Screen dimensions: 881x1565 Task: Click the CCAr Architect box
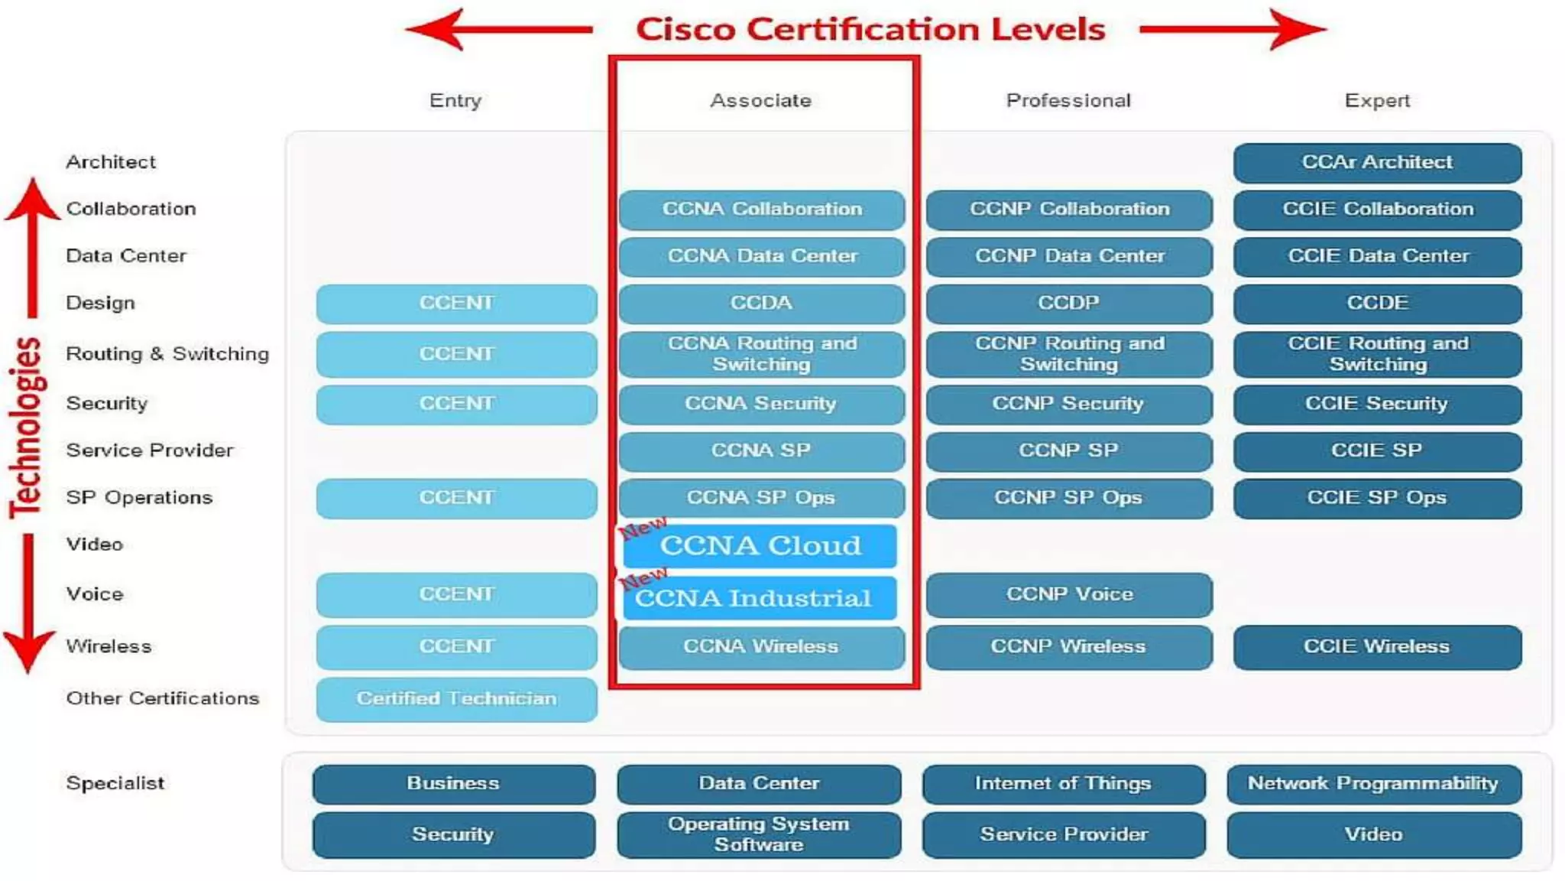tap(1377, 162)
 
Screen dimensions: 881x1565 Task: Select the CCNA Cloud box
tap(760, 545)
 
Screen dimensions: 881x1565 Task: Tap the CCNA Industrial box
tap(759, 597)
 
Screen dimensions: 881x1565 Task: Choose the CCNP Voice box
tap(1069, 594)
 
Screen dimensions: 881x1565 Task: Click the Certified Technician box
tap(456, 698)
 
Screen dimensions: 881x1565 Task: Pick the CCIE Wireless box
tap(1377, 646)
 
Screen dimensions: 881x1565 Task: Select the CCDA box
tap(761, 303)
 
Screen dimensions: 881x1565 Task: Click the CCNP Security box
tap(1068, 403)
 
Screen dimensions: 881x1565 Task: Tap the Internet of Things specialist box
tap(1063, 783)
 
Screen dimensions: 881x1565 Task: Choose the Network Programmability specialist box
tap(1373, 783)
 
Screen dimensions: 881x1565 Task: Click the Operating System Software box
tap(759, 834)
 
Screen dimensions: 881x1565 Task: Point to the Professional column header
tap(1068, 100)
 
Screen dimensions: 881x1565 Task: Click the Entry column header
tap(455, 100)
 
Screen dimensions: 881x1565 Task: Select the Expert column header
tap(1377, 100)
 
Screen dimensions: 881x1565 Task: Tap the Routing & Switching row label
tap(167, 353)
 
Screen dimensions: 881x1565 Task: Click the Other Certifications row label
tap(163, 698)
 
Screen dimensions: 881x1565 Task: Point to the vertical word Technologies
tap(26, 428)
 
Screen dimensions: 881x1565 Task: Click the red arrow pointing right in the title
tap(1233, 29)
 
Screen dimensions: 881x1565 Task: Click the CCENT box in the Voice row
tap(456, 594)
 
